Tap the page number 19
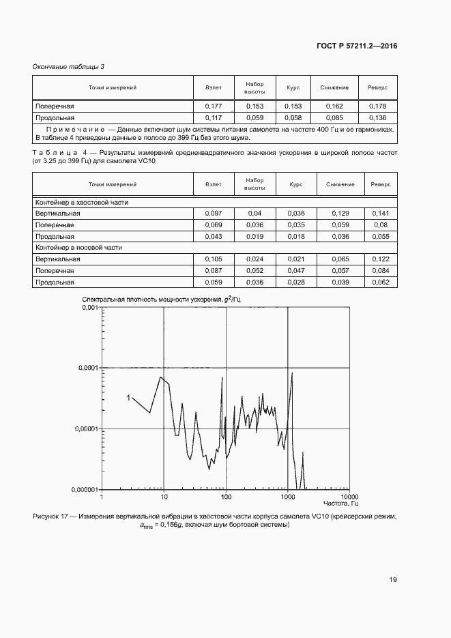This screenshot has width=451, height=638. tap(392, 580)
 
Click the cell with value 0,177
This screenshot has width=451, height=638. tap(214, 106)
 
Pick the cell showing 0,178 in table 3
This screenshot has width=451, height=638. tap(377, 106)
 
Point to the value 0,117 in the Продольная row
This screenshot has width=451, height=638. tap(214, 117)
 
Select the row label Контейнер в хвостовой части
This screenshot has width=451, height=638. tap(82, 203)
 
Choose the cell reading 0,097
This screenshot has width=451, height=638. tap(214, 214)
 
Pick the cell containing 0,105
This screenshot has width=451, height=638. tap(214, 259)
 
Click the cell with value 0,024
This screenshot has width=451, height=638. tap(254, 259)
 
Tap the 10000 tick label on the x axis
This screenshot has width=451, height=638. tap(349, 497)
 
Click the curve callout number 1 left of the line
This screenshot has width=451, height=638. tap(128, 397)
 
